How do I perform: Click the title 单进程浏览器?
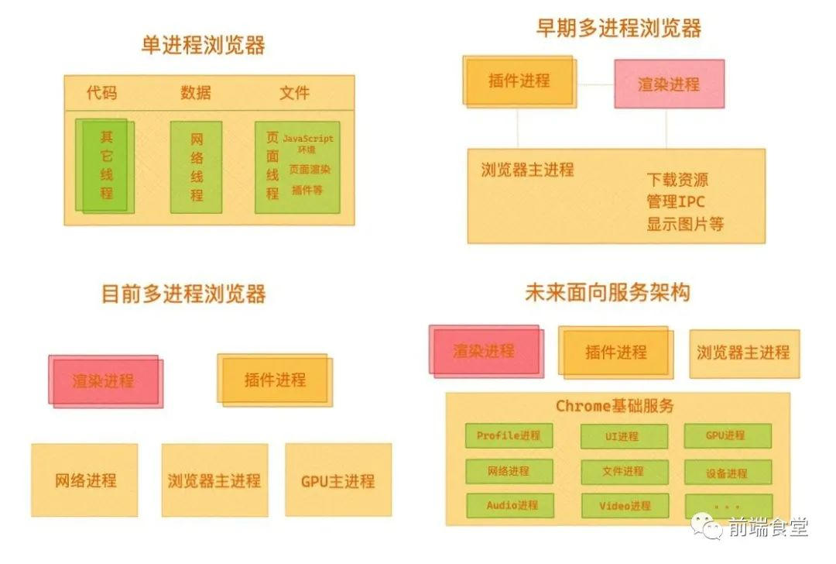click(x=203, y=46)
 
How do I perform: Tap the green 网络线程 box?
click(x=197, y=167)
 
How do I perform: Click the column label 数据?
click(x=196, y=93)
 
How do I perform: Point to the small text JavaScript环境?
click(x=307, y=143)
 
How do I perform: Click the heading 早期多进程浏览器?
click(x=618, y=29)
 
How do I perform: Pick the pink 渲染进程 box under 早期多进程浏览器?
click(x=669, y=84)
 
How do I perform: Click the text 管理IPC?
click(x=676, y=202)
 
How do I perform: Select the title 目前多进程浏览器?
click(x=184, y=294)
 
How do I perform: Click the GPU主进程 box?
click(x=337, y=480)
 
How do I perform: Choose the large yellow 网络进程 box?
click(x=85, y=480)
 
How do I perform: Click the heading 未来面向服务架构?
click(x=607, y=293)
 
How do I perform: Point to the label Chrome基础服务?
click(x=615, y=406)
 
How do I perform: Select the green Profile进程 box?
click(x=509, y=435)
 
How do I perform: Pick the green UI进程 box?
click(x=623, y=436)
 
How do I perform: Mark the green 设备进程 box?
click(x=727, y=472)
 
